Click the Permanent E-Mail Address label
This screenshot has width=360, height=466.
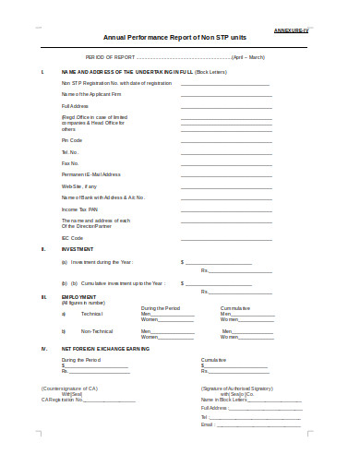point(90,173)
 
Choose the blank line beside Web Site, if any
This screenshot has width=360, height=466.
point(225,185)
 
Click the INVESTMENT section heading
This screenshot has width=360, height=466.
point(78,249)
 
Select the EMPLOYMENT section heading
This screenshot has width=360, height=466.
point(79,296)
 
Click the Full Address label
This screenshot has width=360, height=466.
point(73,105)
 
